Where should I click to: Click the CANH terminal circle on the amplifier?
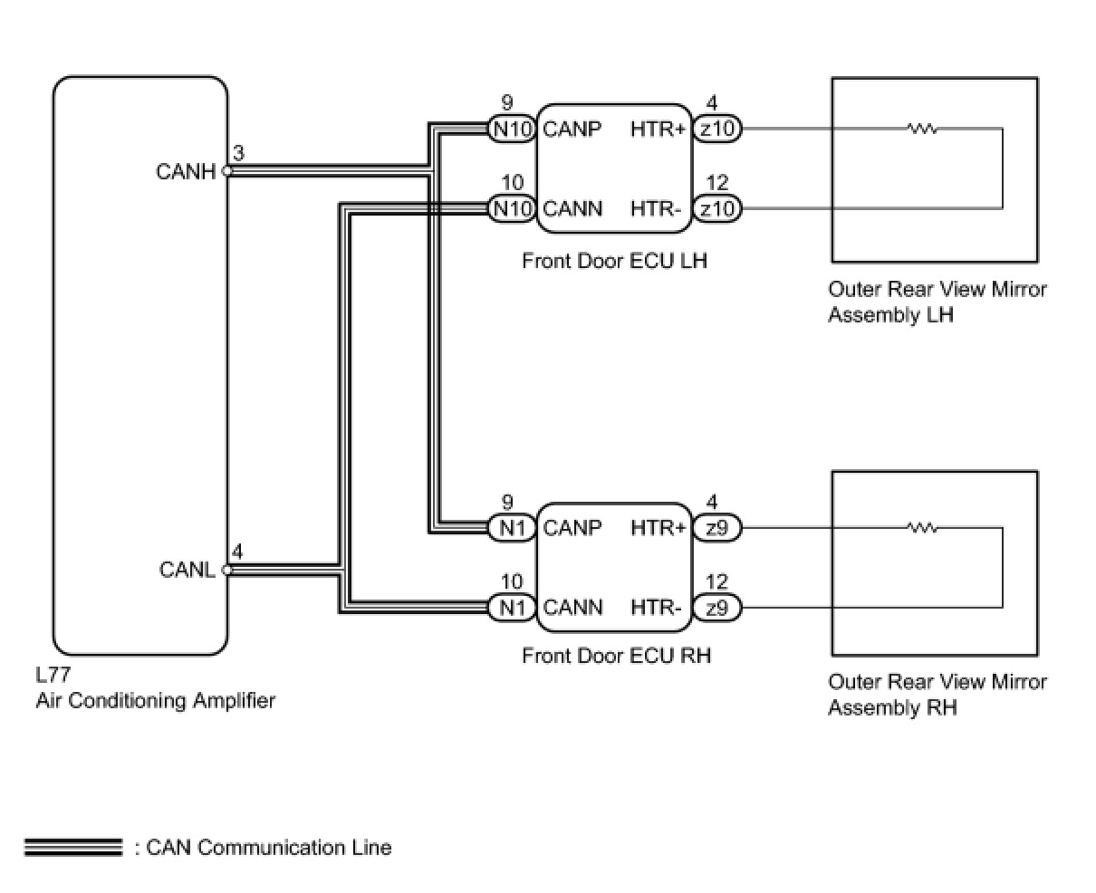pyautogui.click(x=227, y=171)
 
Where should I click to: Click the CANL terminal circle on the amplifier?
pyautogui.click(x=227, y=570)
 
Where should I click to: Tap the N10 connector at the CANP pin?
pyautogui.click(x=512, y=129)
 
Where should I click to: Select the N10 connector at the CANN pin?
pyautogui.click(x=512, y=209)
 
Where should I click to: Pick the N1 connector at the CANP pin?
pyautogui.click(x=512, y=528)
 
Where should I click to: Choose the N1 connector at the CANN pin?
pyautogui.click(x=512, y=608)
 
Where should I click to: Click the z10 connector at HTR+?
pyautogui.click(x=717, y=129)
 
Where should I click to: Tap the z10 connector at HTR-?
pyautogui.click(x=717, y=209)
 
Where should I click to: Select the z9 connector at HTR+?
pyautogui.click(x=717, y=528)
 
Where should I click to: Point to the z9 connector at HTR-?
pyautogui.click(x=717, y=608)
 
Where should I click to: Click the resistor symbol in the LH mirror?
pyautogui.click(x=922, y=129)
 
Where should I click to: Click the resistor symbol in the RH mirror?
pyautogui.click(x=922, y=528)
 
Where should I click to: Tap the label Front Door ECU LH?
pyautogui.click(x=614, y=261)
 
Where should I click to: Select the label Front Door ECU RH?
pyautogui.click(x=617, y=656)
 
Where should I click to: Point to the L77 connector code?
pyautogui.click(x=53, y=675)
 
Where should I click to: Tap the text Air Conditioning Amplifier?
pyautogui.click(x=156, y=701)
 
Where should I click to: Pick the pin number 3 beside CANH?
pyautogui.click(x=238, y=153)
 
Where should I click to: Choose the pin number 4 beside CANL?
pyautogui.click(x=236, y=552)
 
